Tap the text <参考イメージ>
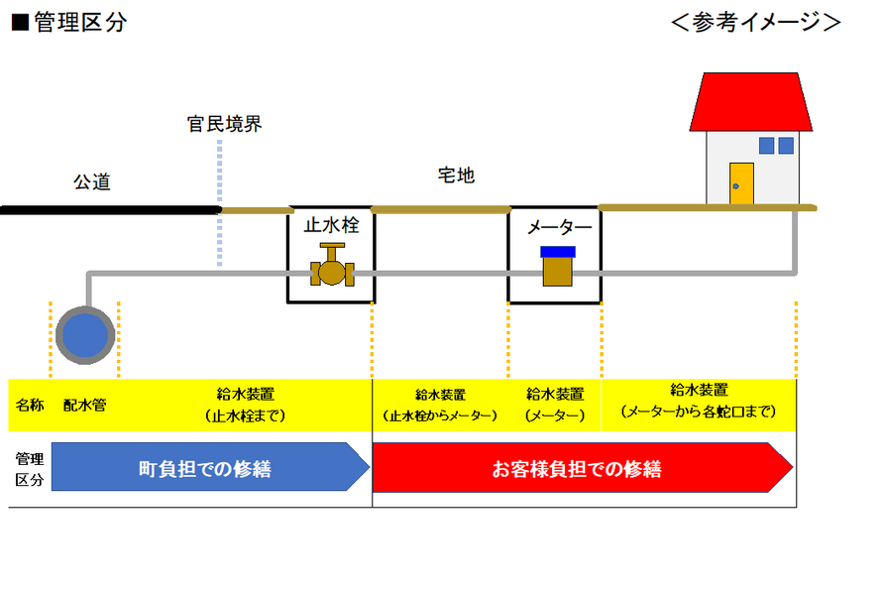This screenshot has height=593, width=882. coord(756,22)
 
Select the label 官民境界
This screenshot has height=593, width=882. coord(224,124)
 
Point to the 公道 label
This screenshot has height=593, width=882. coord(92,182)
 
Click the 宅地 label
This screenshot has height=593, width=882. coord(456,176)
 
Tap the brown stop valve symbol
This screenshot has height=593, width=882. coord(332,265)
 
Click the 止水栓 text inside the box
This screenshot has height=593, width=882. coord(332,225)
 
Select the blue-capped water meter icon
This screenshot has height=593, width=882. coord(557,266)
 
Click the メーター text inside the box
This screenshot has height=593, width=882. coord(559,227)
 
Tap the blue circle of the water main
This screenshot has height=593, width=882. coord(85,335)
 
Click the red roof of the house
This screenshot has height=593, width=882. coord(751,102)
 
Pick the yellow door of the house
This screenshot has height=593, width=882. coord(741,184)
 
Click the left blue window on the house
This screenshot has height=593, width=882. coord(766,146)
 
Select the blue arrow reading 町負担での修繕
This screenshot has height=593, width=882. coord(210,467)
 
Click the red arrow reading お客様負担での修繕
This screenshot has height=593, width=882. coord(582,467)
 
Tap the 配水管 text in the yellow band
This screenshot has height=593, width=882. coord(85,406)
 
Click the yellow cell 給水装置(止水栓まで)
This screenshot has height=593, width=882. coord(245,406)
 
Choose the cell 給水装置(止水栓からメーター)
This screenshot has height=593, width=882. coord(440,406)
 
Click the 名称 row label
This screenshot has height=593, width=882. coord(30,406)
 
